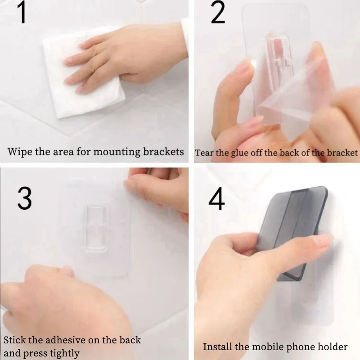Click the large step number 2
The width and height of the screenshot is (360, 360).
(218, 13)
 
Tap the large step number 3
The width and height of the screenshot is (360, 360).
(24, 198)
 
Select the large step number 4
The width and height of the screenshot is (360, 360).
(216, 200)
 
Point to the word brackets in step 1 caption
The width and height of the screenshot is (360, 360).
(162, 152)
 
